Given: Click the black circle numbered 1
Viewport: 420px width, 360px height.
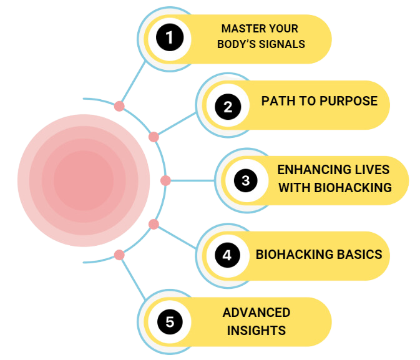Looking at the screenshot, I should [x=169, y=38].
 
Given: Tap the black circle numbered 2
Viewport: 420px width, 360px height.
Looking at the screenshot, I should [x=228, y=106].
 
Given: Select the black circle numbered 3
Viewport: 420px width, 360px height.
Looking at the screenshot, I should [x=246, y=181].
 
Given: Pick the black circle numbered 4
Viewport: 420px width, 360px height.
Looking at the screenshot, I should [x=227, y=255].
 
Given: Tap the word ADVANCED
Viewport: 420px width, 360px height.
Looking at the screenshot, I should [x=256, y=312].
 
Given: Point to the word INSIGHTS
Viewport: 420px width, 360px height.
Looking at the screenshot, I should [x=256, y=330].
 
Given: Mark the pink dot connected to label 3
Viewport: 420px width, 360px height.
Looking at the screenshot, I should [x=165, y=181].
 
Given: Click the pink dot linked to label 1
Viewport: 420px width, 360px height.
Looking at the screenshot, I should [x=119, y=106].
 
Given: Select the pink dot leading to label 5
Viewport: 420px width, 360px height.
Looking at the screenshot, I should [x=119, y=255].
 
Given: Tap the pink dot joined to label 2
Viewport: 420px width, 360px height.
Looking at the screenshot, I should [x=154, y=137].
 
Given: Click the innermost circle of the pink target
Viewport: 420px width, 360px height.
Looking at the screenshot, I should [x=83, y=180].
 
